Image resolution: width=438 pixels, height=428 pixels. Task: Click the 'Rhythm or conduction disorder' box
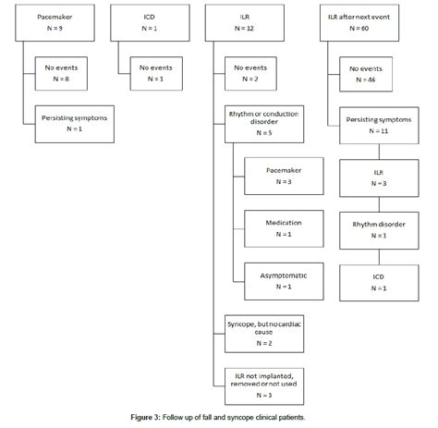tap(263, 124)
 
